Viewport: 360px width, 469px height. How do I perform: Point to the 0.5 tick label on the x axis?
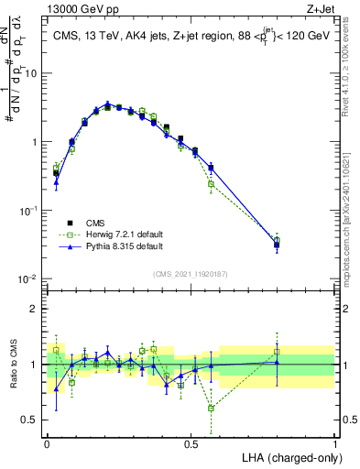[191, 443]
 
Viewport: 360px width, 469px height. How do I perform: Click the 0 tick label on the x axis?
[47, 443]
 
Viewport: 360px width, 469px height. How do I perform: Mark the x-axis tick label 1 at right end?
[335, 443]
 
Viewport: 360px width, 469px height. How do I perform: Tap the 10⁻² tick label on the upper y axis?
[31, 278]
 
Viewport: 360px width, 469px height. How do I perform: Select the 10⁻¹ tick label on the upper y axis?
[31, 210]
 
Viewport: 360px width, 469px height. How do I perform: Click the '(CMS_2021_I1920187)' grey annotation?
[191, 273]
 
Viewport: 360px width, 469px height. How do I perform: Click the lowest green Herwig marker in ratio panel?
[212, 408]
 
